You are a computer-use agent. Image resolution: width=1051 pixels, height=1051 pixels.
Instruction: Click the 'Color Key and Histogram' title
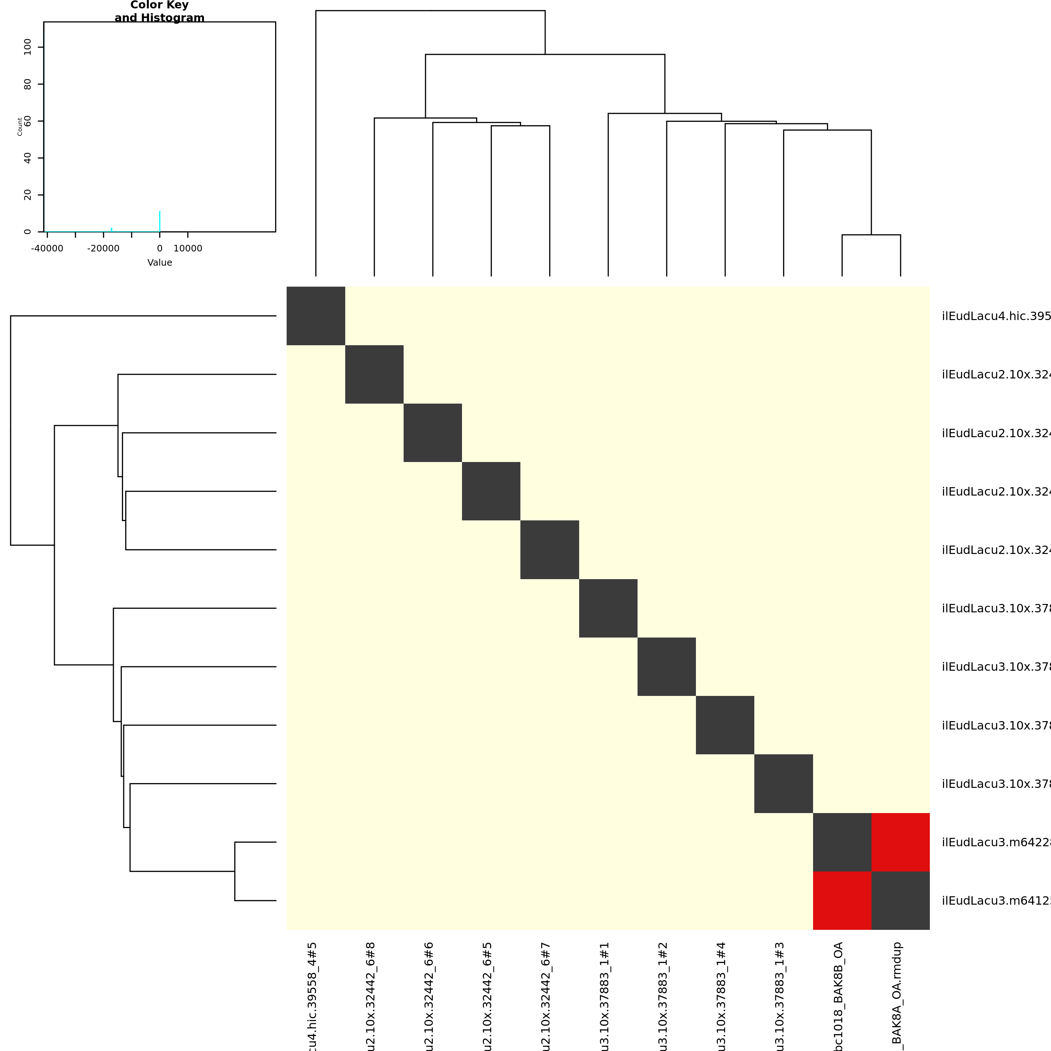(x=159, y=11)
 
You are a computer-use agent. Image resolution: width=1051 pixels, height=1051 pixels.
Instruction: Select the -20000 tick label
(x=103, y=249)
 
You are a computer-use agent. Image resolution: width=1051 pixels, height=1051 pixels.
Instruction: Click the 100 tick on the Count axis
(x=28, y=47)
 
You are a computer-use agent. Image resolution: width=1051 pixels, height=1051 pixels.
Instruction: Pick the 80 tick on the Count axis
(x=28, y=84)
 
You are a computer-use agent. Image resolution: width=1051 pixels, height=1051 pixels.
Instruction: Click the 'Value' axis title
(x=159, y=263)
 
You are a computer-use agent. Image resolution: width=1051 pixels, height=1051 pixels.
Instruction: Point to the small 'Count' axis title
(x=20, y=126)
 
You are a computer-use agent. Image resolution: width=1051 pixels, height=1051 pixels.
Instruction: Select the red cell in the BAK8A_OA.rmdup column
(x=900, y=842)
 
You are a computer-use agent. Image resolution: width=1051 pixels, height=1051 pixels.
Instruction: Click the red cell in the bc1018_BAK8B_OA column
(x=842, y=900)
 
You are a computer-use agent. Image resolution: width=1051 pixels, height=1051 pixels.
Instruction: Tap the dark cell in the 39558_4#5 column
(x=316, y=316)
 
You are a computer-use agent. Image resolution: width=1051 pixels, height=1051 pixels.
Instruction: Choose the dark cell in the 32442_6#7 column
(x=550, y=550)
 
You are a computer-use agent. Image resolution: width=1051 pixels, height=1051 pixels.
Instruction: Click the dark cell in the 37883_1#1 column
(x=608, y=608)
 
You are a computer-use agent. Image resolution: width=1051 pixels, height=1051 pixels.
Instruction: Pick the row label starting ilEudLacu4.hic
(x=996, y=316)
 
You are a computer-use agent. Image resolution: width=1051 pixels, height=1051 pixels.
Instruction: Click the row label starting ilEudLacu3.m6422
(x=996, y=842)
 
